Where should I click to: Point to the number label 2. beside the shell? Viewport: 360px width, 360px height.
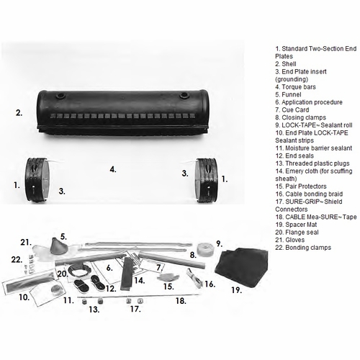tap(19, 112)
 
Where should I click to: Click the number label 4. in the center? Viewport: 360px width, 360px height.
tap(113, 169)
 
